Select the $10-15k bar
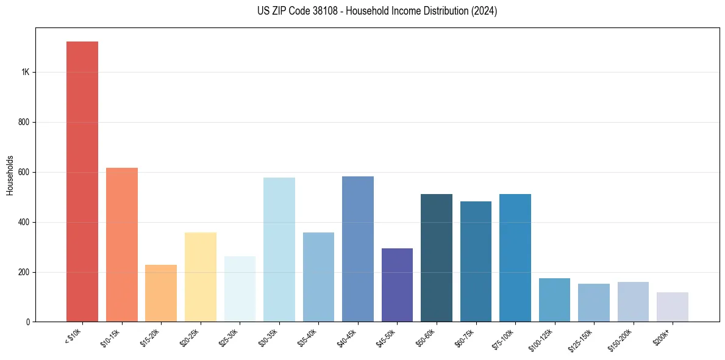pyautogui.click(x=122, y=245)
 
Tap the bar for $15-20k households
pyautogui.click(x=161, y=293)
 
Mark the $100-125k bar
pyautogui.click(x=554, y=300)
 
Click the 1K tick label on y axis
pyautogui.click(x=26, y=73)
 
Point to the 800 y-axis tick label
pyautogui.click(x=24, y=123)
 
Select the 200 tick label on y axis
pyautogui.click(x=24, y=272)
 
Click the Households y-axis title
pyautogui.click(x=10, y=175)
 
